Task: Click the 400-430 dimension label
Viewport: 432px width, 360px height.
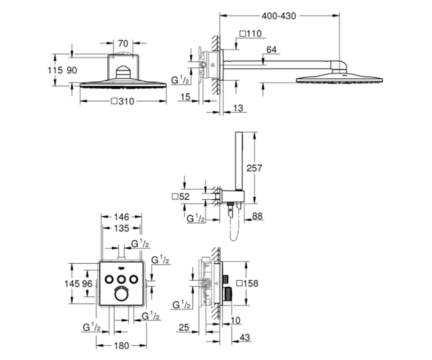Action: coord(279,16)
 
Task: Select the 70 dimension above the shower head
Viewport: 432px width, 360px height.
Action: coord(123,44)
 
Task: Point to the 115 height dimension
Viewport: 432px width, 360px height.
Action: coord(55,70)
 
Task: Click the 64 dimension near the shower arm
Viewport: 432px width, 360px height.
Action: coord(271,50)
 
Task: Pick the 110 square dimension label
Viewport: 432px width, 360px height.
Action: coord(251,33)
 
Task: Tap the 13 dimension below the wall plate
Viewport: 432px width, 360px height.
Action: coord(238,108)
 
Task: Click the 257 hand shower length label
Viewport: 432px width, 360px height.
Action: coord(254,168)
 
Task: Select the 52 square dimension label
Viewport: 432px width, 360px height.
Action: coord(181,197)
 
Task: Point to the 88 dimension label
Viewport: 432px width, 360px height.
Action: coord(257,216)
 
